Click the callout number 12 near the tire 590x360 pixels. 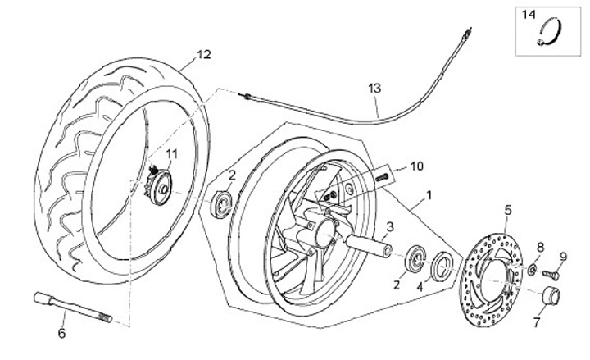click(x=204, y=54)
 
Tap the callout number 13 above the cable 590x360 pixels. click(x=374, y=89)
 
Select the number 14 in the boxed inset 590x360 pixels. click(x=528, y=15)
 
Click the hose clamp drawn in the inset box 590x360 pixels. click(x=550, y=34)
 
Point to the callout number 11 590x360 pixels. click(x=171, y=153)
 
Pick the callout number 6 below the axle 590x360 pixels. click(x=61, y=333)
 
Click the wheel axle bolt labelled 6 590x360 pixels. click(x=73, y=308)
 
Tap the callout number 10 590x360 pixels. click(x=416, y=166)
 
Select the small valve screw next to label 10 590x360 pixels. click(x=382, y=176)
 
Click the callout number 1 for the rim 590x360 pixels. click(x=428, y=195)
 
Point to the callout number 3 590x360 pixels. click(x=390, y=226)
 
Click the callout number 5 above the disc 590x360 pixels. click(x=508, y=210)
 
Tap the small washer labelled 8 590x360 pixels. click(x=532, y=269)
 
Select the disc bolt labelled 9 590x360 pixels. click(x=551, y=274)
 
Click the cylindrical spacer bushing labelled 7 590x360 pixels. click(x=551, y=295)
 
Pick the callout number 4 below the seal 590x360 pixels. click(x=420, y=287)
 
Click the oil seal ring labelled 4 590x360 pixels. click(x=440, y=266)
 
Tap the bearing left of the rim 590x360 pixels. click(x=221, y=204)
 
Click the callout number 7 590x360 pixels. click(x=536, y=322)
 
